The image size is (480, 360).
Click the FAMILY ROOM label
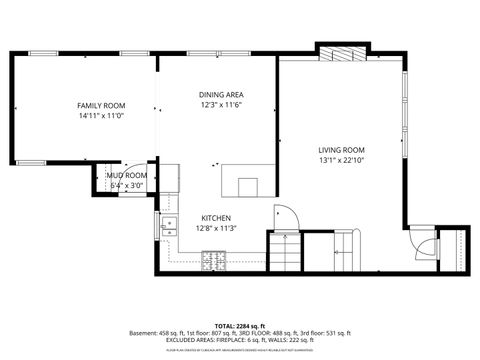[x=100, y=105]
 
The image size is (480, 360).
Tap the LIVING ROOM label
[x=341, y=149]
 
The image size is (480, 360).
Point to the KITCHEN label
[x=217, y=218]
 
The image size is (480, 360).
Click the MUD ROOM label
[x=128, y=176]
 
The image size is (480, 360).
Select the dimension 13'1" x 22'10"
[x=341, y=159]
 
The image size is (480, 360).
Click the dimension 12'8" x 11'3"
[x=217, y=228]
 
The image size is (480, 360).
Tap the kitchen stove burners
[x=213, y=261]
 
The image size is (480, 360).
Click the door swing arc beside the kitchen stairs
[x=283, y=215]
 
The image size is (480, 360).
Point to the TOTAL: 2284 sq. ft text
[x=240, y=325]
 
